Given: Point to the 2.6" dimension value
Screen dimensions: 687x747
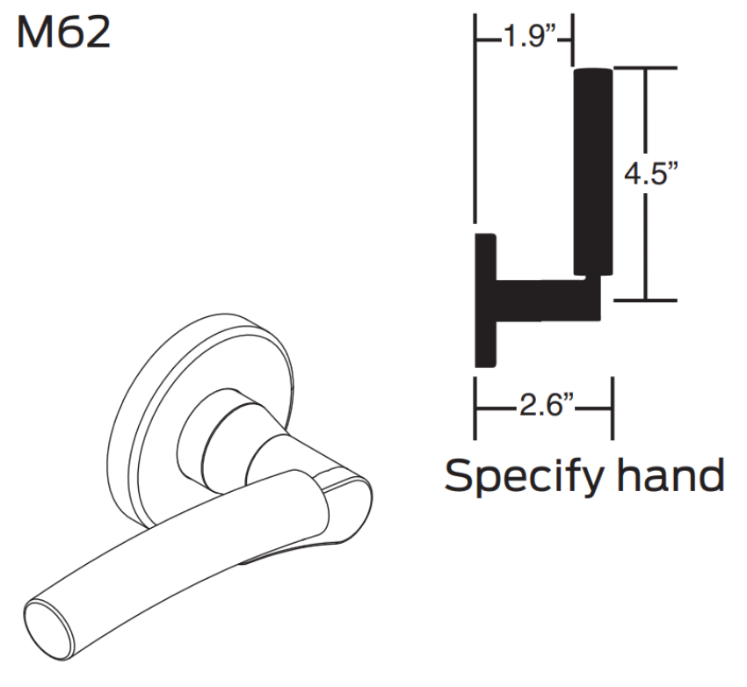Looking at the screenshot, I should (544, 409).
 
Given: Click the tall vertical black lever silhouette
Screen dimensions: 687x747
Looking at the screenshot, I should (593, 171).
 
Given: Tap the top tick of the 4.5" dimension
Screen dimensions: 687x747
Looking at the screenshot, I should (647, 69).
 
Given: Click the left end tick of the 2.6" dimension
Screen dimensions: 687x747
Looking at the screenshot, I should (475, 409).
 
